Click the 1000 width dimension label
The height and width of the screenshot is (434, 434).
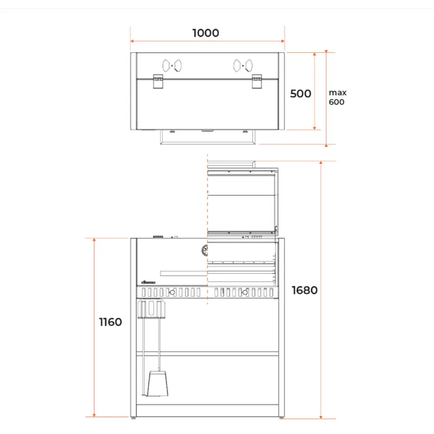(x=206, y=33)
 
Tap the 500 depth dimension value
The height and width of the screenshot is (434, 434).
(x=301, y=93)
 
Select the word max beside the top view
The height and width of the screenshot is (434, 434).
(x=338, y=92)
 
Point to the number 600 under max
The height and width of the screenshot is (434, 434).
(x=337, y=102)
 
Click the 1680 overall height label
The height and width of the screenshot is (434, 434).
(x=305, y=290)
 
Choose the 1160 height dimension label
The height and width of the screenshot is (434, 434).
(x=111, y=322)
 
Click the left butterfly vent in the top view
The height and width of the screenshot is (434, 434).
(x=172, y=66)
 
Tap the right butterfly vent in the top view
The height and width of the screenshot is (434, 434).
(x=243, y=66)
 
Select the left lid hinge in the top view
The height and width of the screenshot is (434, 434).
(x=158, y=82)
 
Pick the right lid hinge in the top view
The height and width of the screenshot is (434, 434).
(x=257, y=82)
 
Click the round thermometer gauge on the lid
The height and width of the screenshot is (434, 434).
(x=205, y=250)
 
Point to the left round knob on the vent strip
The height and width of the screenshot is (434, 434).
(x=172, y=293)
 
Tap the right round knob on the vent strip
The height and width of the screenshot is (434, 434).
(x=245, y=293)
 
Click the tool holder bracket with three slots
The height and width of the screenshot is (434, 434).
(x=151, y=309)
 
